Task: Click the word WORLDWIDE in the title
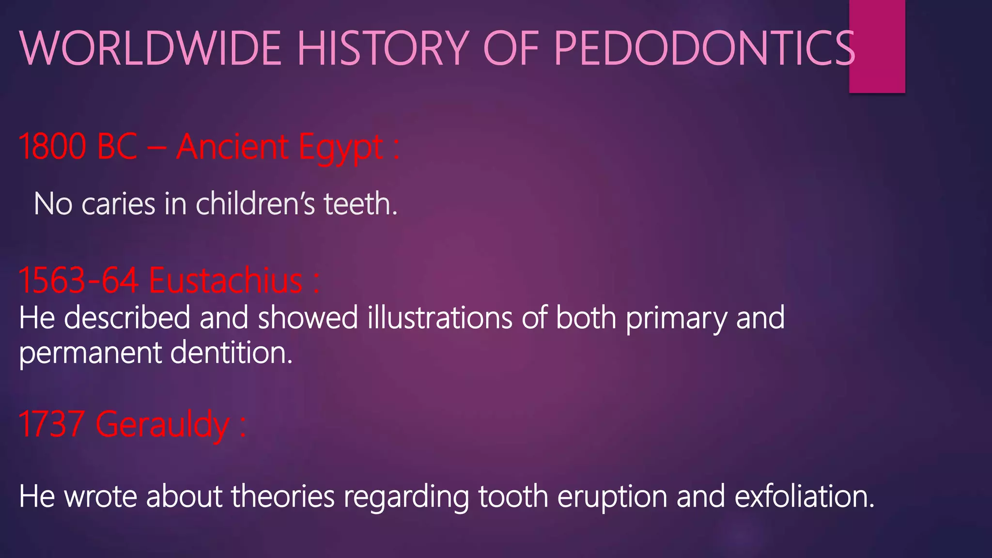pyautogui.click(x=150, y=48)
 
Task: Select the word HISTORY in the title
pyautogui.click(x=383, y=48)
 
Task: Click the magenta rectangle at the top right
pyautogui.click(x=877, y=46)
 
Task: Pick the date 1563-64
pyautogui.click(x=78, y=280)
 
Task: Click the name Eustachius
pyautogui.click(x=226, y=280)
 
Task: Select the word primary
pyautogui.click(x=676, y=319)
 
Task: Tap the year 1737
pyautogui.click(x=51, y=424)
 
